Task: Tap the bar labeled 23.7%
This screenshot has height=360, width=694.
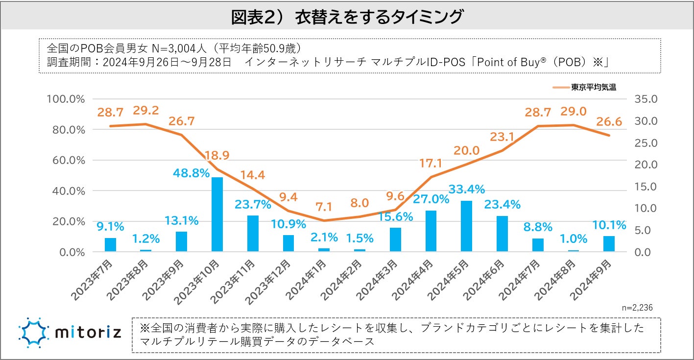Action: click(x=253, y=234)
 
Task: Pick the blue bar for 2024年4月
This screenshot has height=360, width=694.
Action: click(x=431, y=231)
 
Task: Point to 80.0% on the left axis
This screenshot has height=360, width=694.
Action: click(x=65, y=130)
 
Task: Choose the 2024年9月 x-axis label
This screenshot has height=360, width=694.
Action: click(x=591, y=280)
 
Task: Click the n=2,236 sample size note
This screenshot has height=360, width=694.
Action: click(x=637, y=307)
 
